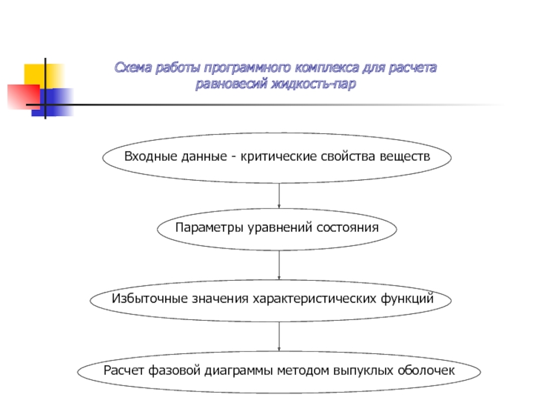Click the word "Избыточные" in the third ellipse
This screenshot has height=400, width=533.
[141, 299]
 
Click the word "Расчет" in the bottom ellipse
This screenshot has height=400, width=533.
[122, 371]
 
